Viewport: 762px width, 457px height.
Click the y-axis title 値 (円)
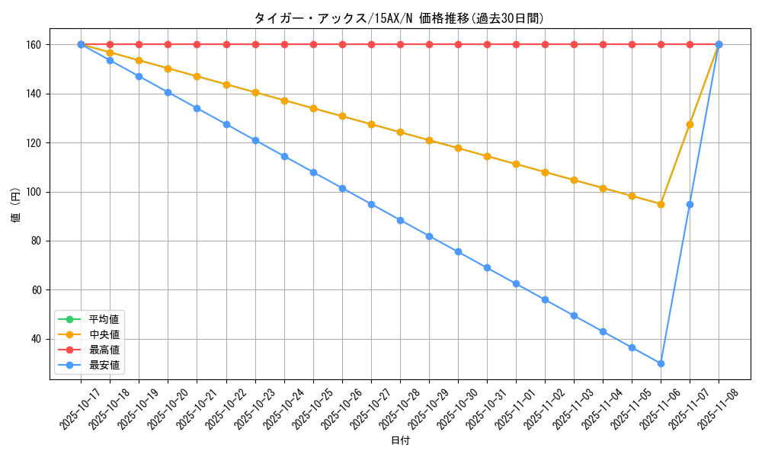tap(16, 206)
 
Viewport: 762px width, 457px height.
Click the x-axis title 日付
tap(399, 441)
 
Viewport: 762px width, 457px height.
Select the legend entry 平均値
tap(104, 319)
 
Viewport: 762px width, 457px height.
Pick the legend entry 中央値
tap(104, 334)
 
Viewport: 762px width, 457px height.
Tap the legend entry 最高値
tap(104, 350)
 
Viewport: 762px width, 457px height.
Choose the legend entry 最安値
tap(104, 365)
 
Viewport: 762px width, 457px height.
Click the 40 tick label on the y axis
tap(36, 339)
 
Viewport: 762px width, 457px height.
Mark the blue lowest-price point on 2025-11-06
tap(661, 363)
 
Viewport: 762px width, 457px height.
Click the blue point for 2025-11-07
tap(690, 204)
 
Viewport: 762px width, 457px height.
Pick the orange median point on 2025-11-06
tap(661, 204)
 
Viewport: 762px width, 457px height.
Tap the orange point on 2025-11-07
tap(690, 124)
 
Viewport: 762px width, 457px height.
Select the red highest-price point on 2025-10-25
tap(313, 45)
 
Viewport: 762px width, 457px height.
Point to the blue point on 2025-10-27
tap(371, 204)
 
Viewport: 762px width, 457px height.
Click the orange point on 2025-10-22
tap(226, 85)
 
